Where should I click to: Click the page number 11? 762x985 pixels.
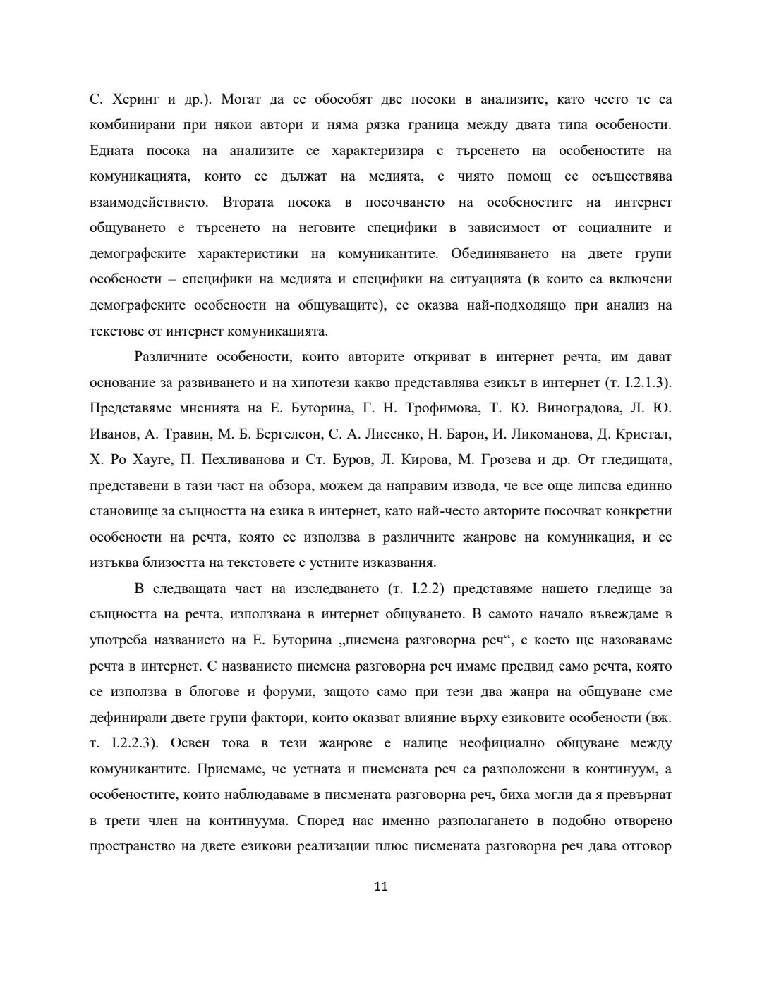tap(380, 886)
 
